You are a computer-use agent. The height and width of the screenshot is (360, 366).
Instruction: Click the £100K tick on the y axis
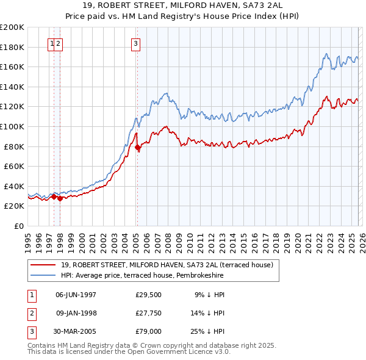pyautogui.click(x=12, y=126)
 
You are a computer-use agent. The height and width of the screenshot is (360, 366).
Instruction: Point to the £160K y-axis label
pyautogui.click(x=12, y=67)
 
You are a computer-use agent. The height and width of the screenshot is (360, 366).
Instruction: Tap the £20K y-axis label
pyautogui.click(x=14, y=206)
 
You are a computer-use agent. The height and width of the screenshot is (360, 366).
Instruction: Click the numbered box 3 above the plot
pyautogui.click(x=135, y=43)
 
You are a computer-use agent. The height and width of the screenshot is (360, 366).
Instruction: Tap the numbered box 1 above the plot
pyautogui.click(x=52, y=43)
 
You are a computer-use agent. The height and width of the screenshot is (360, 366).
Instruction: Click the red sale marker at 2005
pyautogui.click(x=138, y=147)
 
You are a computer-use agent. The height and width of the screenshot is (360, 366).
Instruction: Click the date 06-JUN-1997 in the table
pyautogui.click(x=76, y=295)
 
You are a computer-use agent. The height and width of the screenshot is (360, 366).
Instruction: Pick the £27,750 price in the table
pyautogui.click(x=148, y=314)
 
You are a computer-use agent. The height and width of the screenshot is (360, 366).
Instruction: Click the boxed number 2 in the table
pyautogui.click(x=30, y=314)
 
